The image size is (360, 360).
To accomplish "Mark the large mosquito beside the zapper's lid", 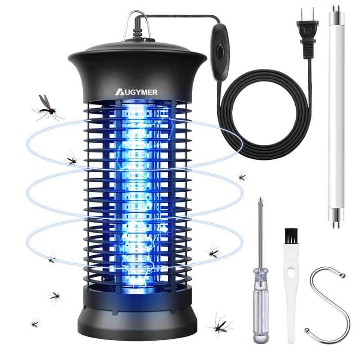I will point(47,107).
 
